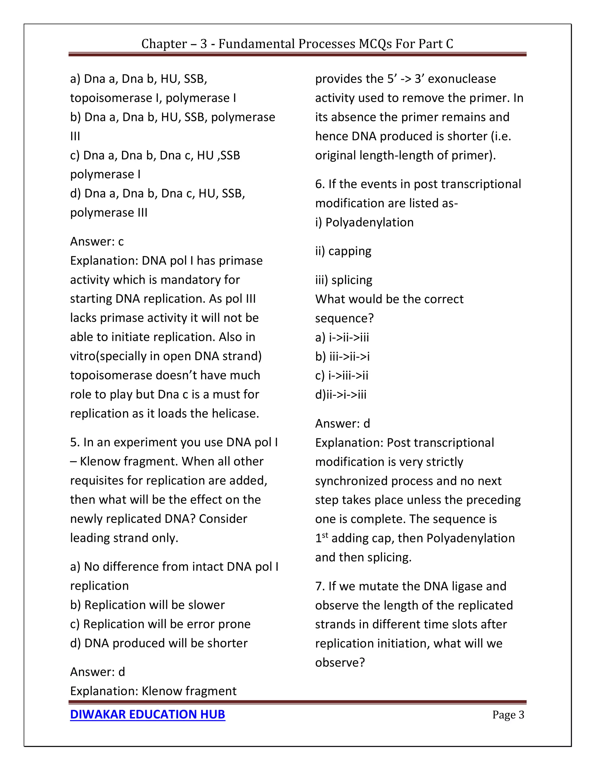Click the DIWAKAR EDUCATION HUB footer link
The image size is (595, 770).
point(147,714)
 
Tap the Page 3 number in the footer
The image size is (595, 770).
point(508,715)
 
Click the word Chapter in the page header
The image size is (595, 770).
point(164,44)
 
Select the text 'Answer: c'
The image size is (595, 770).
point(97,241)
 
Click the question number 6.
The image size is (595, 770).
point(320,184)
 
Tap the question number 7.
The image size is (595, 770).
point(320,586)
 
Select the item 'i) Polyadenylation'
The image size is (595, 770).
point(364,223)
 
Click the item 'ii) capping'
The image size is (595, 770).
point(343,251)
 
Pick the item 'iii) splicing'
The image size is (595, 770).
point(344,280)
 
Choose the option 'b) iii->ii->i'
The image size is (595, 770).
point(342,357)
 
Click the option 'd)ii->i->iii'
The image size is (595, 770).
point(340,395)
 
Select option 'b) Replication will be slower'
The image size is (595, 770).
point(147,605)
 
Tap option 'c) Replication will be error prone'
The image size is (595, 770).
point(160,624)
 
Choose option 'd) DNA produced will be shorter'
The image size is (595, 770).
point(159,643)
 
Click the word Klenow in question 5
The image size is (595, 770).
point(101,461)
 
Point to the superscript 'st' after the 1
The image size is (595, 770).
point(325,535)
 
